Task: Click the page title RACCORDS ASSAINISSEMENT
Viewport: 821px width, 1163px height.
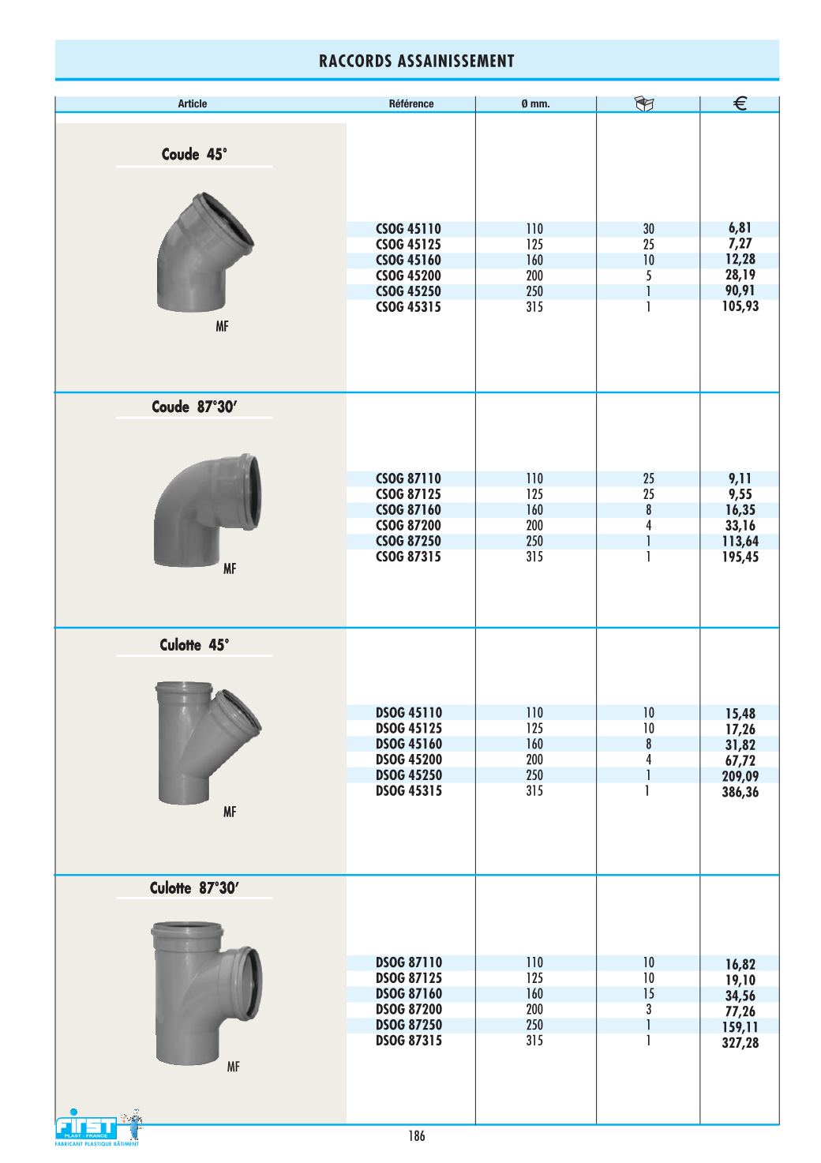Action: pos(416,62)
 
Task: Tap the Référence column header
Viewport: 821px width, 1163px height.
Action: pos(411,104)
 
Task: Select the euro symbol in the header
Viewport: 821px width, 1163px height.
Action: pos(740,104)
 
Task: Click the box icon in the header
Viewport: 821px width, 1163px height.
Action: pos(644,104)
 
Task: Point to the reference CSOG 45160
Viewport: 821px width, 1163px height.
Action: pos(408,260)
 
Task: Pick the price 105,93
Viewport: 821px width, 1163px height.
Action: pos(740,306)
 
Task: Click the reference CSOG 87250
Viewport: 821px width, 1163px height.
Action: pos(408,541)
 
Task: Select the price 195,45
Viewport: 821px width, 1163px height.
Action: pos(740,557)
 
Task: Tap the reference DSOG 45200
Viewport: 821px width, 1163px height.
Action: pos(408,760)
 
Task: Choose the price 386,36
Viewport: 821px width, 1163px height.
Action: pos(740,792)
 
